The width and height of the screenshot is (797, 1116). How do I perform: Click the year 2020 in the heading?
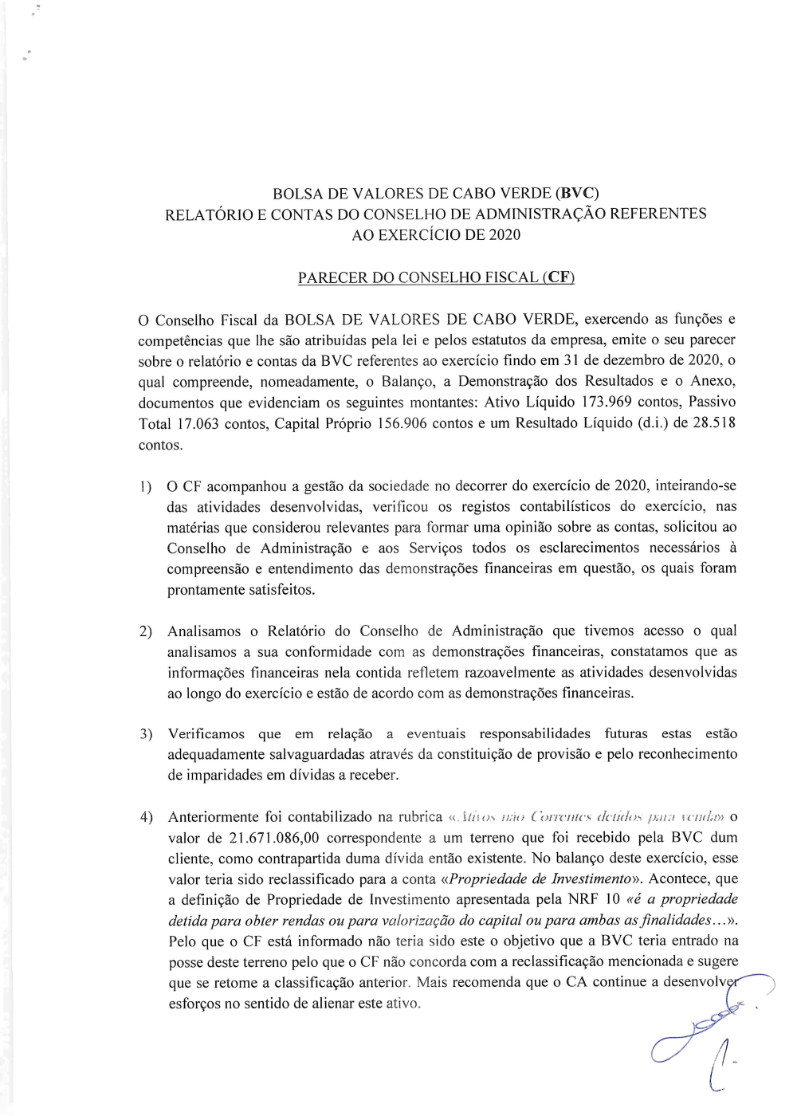[x=505, y=234]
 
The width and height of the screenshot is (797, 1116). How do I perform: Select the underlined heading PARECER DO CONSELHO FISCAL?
[x=436, y=277]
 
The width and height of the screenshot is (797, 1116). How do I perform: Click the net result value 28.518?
[x=713, y=422]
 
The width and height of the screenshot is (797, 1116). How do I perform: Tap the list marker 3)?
[x=146, y=734]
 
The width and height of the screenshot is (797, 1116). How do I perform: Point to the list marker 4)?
[x=146, y=817]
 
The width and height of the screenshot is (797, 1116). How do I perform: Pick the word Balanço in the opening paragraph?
[x=407, y=381]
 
